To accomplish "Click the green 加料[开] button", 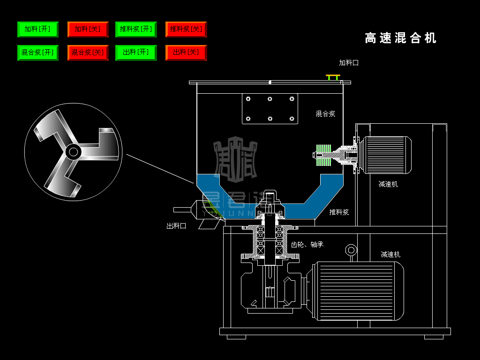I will point(37,29).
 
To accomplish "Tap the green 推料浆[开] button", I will point(136,29).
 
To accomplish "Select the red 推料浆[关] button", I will point(186,29).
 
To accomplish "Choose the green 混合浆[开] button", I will point(37,52).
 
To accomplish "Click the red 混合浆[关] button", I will point(88,52).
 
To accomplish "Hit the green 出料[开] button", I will point(136,52).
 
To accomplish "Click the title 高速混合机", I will point(400,38).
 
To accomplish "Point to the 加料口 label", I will point(349,62).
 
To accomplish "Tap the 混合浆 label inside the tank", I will point(325,113).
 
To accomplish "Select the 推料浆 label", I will point(339,212).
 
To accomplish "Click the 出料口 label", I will point(176,225).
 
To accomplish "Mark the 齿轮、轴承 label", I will point(307,244).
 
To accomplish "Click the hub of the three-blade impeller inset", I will point(73,151).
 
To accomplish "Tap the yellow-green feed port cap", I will point(333,76).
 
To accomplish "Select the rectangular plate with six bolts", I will point(270,109).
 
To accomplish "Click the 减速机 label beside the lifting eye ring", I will point(390,255).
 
